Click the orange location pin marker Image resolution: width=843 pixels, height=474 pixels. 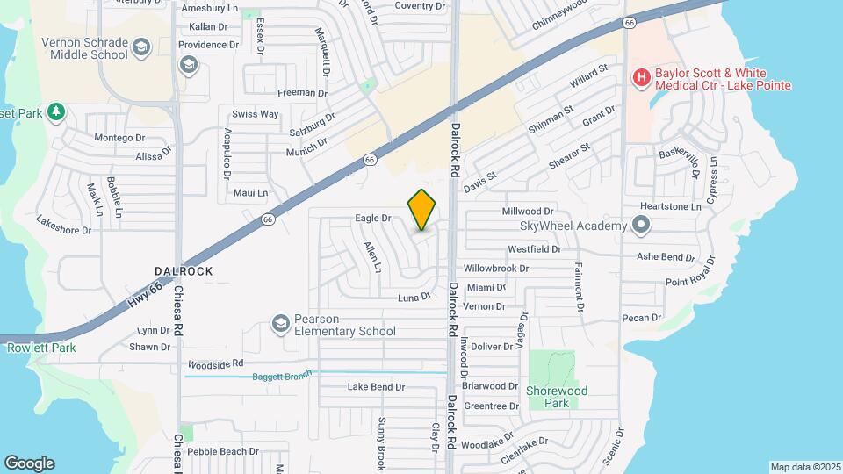click(x=422, y=210)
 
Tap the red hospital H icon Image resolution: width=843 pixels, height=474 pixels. click(x=641, y=78)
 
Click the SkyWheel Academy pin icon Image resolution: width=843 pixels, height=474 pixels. click(x=641, y=226)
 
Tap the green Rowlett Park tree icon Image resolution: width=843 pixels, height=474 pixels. click(x=56, y=111)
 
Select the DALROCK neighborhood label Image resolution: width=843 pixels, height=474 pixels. click(x=184, y=271)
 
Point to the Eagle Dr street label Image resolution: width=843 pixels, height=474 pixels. click(x=372, y=218)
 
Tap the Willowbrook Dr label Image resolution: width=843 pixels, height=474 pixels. click(x=496, y=269)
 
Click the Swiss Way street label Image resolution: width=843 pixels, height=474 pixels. click(x=255, y=114)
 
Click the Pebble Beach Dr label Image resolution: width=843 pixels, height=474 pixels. click(x=223, y=451)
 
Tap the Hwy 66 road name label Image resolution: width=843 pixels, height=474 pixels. click(x=144, y=288)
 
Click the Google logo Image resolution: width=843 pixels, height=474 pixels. click(x=29, y=463)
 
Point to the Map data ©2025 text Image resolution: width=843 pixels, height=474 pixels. click(x=804, y=467)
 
